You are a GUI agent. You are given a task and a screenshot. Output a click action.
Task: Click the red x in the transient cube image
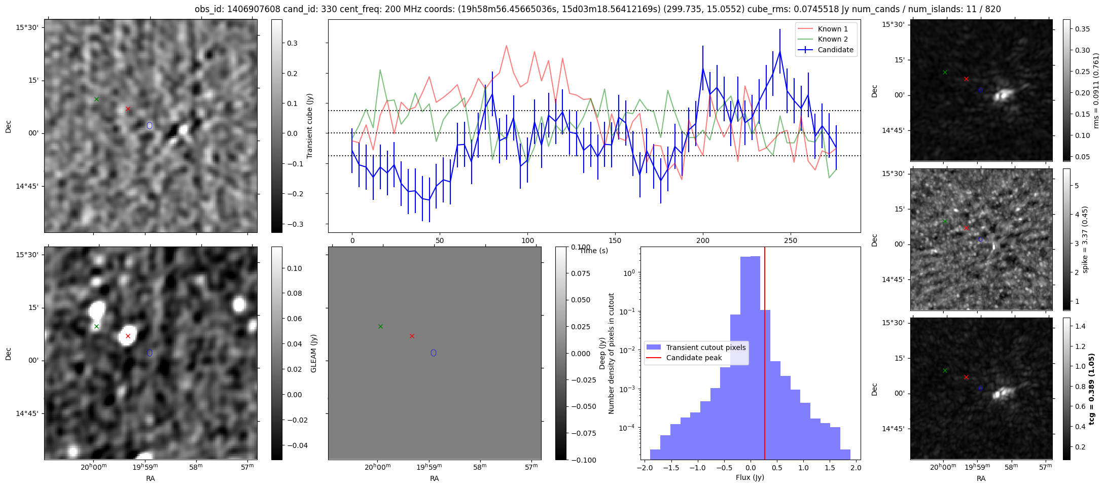tap(128, 109)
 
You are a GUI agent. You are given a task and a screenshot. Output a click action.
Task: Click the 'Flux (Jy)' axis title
tap(750, 477)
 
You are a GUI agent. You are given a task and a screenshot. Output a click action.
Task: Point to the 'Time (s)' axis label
tap(593, 251)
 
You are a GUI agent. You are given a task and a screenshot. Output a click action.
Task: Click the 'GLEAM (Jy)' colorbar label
tap(313, 354)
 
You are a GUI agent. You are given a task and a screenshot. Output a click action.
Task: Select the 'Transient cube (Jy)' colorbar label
tap(309, 126)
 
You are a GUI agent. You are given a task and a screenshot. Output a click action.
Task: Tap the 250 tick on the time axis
tap(791, 240)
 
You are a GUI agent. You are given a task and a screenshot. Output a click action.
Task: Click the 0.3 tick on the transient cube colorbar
tap(292, 43)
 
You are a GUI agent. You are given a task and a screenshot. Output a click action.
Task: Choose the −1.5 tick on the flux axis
tap(671, 468)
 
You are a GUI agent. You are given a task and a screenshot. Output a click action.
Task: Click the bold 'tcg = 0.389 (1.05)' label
tap(1092, 389)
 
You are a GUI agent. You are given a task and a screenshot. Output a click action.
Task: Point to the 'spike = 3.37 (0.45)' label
tap(1085, 239)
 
